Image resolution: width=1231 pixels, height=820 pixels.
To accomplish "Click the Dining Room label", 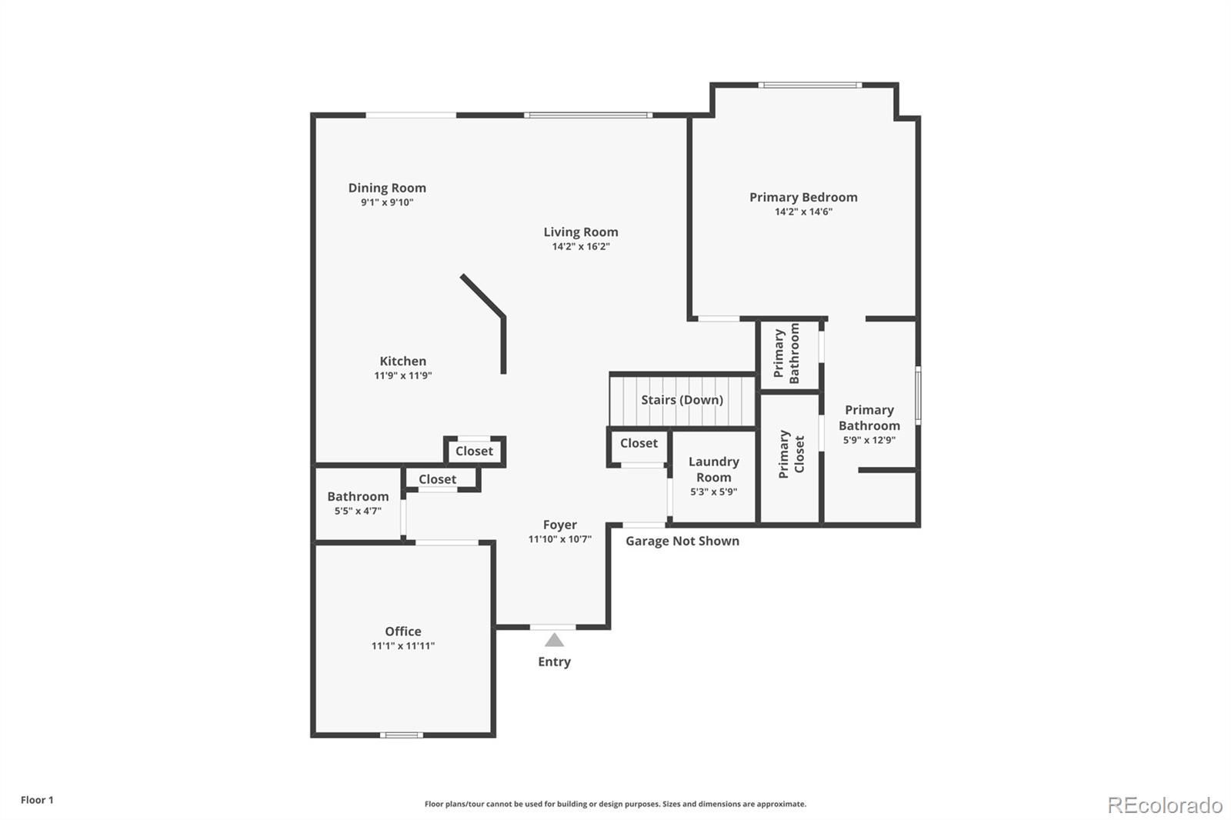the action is [387, 188].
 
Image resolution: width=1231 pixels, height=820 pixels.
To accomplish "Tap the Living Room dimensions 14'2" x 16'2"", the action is [581, 247].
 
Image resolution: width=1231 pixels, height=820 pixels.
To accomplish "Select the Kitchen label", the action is [403, 361].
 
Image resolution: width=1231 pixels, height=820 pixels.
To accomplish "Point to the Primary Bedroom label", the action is [803, 197].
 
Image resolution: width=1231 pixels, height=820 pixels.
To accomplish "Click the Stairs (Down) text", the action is [682, 399].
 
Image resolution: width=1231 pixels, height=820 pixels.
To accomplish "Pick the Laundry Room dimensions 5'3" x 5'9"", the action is [714, 492].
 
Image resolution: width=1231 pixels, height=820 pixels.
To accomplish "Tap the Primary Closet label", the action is [792, 454].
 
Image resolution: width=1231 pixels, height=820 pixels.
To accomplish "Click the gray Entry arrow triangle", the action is [554, 640].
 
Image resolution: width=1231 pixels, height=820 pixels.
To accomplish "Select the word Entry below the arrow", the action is [554, 662].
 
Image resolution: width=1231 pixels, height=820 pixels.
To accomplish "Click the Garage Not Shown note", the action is [682, 541].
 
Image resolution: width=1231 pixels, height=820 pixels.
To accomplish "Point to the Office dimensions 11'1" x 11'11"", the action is [403, 646].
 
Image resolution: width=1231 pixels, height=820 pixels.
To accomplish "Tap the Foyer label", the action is [560, 525].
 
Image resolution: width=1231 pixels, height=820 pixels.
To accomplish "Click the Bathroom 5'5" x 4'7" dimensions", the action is [358, 511].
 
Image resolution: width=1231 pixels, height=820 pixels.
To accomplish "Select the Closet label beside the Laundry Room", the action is [639, 443].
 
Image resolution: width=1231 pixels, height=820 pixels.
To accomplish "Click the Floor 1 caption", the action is [38, 800].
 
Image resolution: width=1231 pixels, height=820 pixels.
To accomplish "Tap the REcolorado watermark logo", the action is [1165, 805].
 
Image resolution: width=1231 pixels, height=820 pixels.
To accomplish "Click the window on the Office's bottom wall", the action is [401, 735].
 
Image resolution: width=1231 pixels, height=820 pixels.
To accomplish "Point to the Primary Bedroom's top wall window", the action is [810, 85].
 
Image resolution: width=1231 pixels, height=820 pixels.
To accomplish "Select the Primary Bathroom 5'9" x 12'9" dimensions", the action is [869, 440].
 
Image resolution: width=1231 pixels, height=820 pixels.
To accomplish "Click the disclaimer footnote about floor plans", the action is [615, 804].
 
